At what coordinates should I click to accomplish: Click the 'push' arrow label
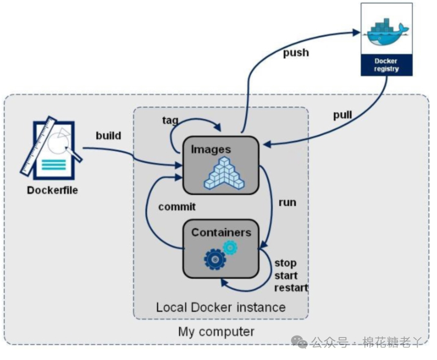coord(296,53)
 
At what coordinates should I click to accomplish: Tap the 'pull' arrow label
coord(343,115)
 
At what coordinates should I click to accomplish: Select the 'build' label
coord(108,136)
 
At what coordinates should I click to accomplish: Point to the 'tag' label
coord(170,120)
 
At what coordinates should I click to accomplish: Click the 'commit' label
coord(177,207)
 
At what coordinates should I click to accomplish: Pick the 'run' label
coord(287,203)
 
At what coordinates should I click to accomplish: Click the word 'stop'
coord(285,263)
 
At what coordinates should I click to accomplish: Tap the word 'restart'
coord(291,287)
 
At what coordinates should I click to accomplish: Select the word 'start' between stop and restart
coord(286,275)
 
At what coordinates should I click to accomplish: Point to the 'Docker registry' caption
coord(386,65)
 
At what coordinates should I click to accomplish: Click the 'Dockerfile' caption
coord(52,190)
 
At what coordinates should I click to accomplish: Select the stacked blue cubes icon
coord(224,173)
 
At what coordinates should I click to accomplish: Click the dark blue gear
coord(215,260)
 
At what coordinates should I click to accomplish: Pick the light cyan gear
coord(230,247)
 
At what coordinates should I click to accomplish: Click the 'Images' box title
coord(211,150)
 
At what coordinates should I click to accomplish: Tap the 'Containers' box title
coord(221,233)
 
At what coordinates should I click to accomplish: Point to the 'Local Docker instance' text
coord(221,307)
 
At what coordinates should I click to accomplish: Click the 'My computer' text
coord(216,332)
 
